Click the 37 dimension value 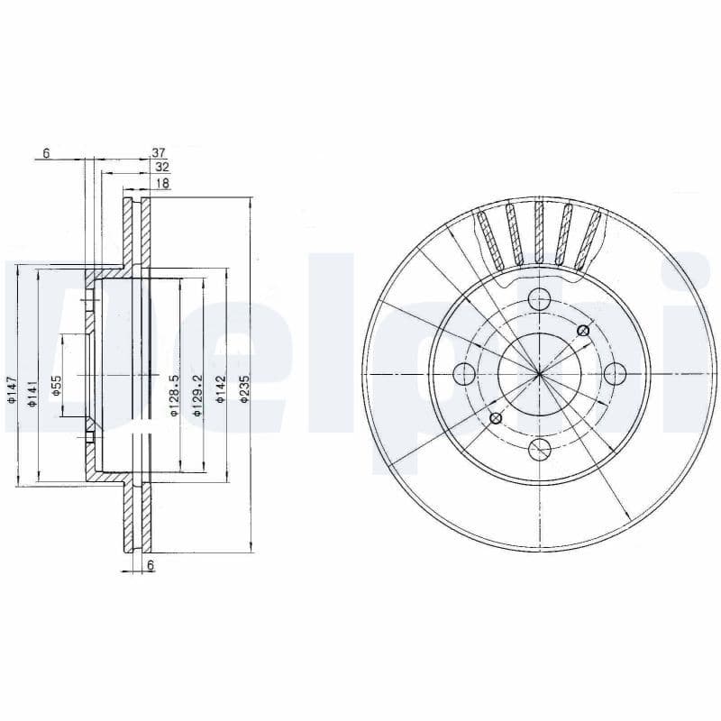(159, 153)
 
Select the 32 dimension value (161, 168)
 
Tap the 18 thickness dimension (163, 183)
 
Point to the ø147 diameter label (12, 388)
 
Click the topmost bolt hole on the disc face (539, 299)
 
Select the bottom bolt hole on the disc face (539, 449)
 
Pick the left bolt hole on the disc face (464, 374)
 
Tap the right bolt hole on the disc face (614, 374)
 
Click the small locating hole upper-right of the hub (582, 332)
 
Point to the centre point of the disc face (539, 374)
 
